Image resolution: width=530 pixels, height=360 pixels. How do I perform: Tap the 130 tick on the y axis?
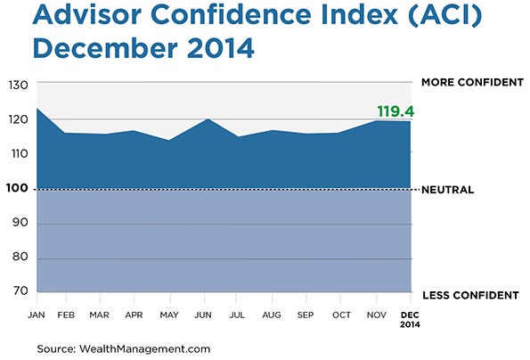pyautogui.click(x=19, y=86)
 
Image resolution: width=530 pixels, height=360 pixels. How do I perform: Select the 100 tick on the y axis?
pyautogui.click(x=19, y=189)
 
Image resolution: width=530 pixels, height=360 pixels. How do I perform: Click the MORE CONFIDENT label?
pyautogui.click(x=471, y=82)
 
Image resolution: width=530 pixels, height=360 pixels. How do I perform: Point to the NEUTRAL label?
pyautogui.click(x=447, y=190)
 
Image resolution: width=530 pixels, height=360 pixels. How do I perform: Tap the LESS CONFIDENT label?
pyautogui.click(x=470, y=295)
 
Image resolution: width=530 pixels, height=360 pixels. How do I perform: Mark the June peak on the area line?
pyautogui.click(x=207, y=119)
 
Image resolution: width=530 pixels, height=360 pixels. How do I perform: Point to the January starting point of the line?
pyautogui.click(x=37, y=109)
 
